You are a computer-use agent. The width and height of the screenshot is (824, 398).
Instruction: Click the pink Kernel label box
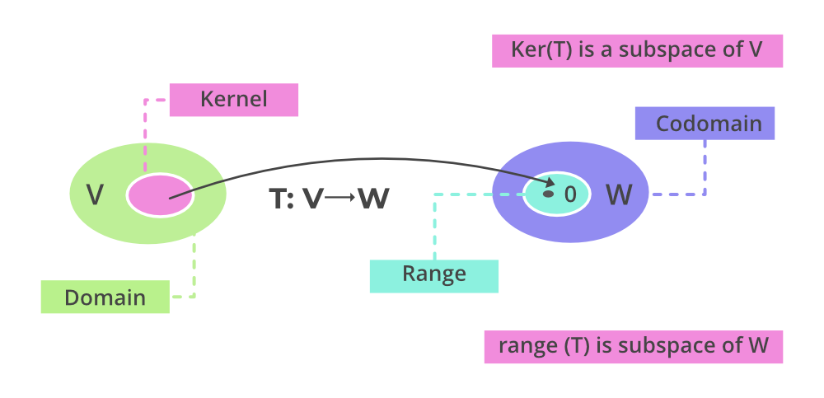[233, 100]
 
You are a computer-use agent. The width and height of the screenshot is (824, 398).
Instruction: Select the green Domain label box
[105, 297]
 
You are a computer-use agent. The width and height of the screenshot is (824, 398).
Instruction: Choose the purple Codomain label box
[705, 124]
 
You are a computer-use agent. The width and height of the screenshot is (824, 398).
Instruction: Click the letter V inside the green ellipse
[96, 195]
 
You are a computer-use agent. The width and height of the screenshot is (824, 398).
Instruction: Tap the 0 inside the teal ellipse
[570, 195]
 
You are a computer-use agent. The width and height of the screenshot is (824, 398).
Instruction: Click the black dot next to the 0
[548, 194]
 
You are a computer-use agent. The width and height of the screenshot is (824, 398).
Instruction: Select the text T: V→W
[329, 199]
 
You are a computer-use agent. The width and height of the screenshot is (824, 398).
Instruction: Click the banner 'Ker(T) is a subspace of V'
[636, 50]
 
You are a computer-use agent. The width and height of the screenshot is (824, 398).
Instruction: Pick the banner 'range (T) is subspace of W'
[633, 346]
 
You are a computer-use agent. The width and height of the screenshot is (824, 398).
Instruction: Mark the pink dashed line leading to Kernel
[145, 132]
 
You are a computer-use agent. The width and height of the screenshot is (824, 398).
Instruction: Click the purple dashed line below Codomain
[705, 169]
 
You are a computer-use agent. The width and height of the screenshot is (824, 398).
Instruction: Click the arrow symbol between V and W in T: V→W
[340, 199]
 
